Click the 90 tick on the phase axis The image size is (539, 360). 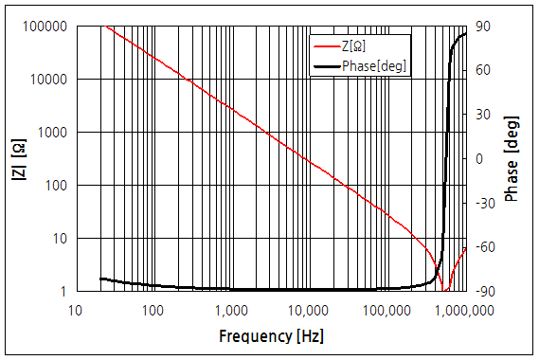point(481,27)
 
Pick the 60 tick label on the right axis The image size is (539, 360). point(481,70)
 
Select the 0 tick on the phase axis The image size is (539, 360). point(478,159)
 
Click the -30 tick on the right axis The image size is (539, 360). point(483,203)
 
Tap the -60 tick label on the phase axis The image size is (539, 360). point(483,247)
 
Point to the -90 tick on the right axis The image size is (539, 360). point(483,292)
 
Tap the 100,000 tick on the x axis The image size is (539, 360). point(386,310)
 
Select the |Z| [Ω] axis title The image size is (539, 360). point(17,159)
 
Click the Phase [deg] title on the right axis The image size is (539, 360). point(512,159)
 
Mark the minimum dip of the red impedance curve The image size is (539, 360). point(443,289)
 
